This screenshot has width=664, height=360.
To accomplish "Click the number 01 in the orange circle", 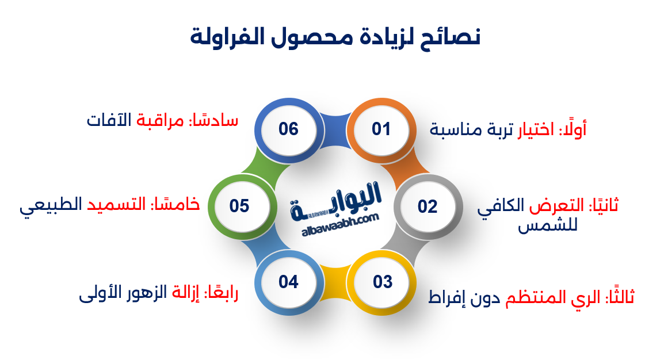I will click(x=381, y=129).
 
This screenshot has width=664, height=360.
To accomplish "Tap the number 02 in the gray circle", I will click(x=428, y=206).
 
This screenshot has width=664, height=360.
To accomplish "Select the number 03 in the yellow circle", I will click(x=382, y=282).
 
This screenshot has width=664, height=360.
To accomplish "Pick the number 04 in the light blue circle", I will click(x=288, y=282).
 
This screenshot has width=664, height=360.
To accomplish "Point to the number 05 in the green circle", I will click(x=239, y=206).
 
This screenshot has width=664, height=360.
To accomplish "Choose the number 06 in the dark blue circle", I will click(x=288, y=129).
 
